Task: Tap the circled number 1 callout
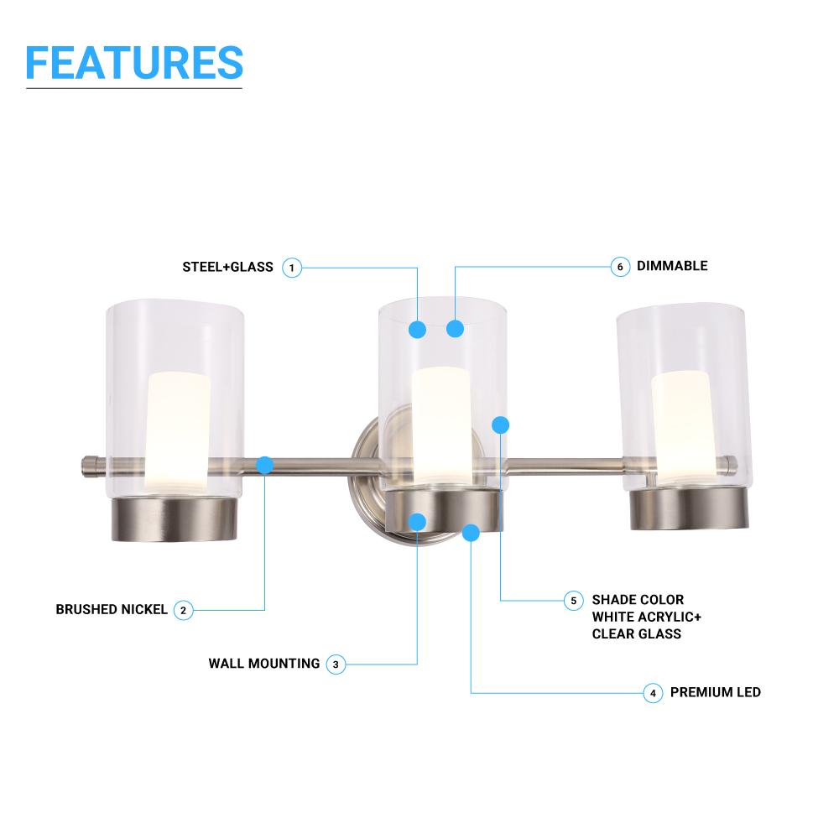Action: pos(291,268)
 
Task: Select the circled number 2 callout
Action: pos(184,610)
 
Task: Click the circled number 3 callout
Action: pos(335,664)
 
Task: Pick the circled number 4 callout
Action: pos(654,693)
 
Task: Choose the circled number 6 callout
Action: pos(619,267)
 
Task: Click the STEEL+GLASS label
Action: pos(228,268)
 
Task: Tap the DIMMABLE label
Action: pos(672,266)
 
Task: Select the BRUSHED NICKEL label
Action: pos(112,610)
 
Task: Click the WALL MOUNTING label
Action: pos(264,664)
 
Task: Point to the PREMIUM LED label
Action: pos(716,693)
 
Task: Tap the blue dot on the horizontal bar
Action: pos(265,464)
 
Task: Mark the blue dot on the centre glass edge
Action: pos(501,425)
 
